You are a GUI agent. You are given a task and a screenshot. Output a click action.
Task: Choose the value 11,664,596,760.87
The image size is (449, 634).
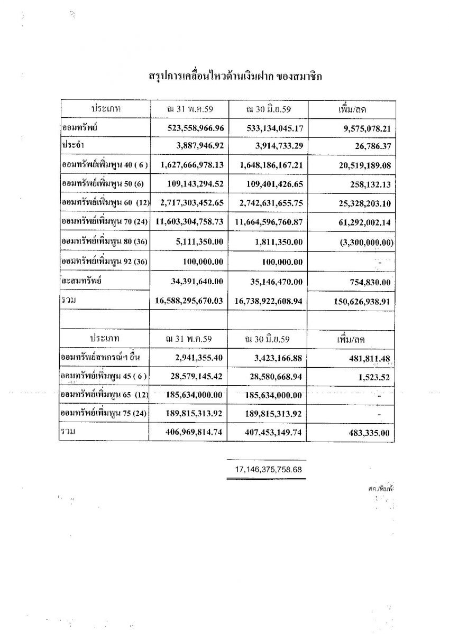click(269, 223)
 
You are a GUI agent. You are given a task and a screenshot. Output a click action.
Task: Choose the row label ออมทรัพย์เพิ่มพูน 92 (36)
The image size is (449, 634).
click(104, 262)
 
